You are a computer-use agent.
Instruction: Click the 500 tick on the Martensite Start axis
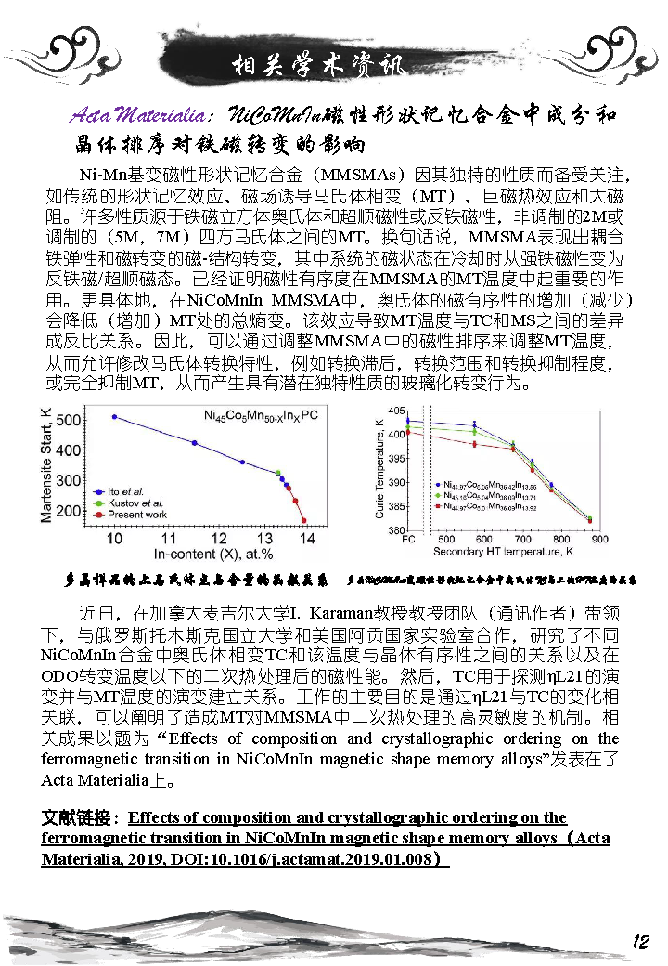coord(68,421)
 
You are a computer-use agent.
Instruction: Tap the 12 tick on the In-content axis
coord(220,538)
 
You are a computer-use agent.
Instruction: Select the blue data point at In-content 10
coord(114,417)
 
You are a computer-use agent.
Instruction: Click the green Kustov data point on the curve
coord(278,473)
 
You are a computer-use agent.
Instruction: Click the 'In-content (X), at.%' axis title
coord(212,555)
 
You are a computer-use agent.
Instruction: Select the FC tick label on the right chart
coord(408,539)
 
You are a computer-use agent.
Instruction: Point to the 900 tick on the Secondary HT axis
coord(599,539)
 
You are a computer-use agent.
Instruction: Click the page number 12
coord(639,942)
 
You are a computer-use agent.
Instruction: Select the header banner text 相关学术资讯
coord(316,66)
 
